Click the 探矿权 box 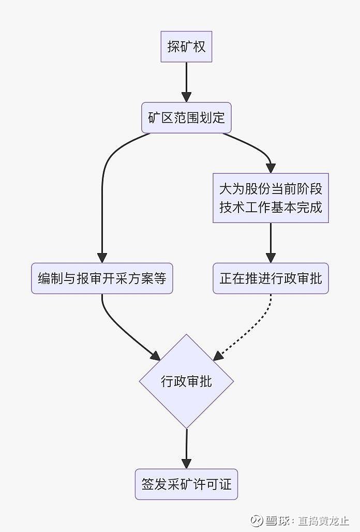pyautogui.click(x=186, y=47)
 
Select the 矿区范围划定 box pyautogui.click(x=186, y=118)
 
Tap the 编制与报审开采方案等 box pyautogui.click(x=102, y=278)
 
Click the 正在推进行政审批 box pyautogui.click(x=271, y=278)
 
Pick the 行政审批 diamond pyautogui.click(x=186, y=382)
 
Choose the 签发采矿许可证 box pyautogui.click(x=186, y=484)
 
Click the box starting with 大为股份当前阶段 pyautogui.click(x=271, y=198)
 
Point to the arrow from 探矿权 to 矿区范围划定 pyautogui.click(x=186, y=82)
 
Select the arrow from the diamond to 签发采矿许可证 pyautogui.click(x=186, y=448)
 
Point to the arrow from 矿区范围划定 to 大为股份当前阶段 pyautogui.click(x=256, y=147)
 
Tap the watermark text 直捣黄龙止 pyautogui.click(x=323, y=520)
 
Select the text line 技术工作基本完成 pyautogui.click(x=271, y=208)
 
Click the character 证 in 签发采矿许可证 pyautogui.click(x=225, y=484)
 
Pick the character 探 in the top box pyautogui.click(x=173, y=47)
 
